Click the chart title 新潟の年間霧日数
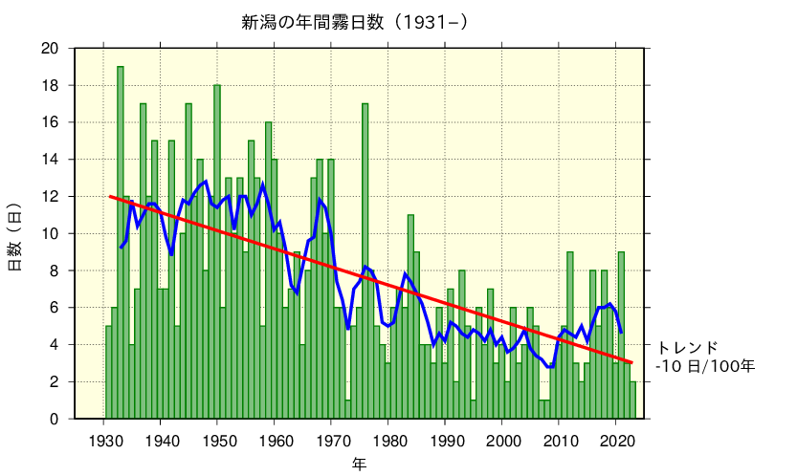click(355, 21)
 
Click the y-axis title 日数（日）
click(15, 235)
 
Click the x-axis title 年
click(358, 464)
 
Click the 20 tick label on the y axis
click(51, 49)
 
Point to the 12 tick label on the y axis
click(51, 197)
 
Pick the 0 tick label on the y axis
click(55, 419)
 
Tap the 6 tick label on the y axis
click(55, 308)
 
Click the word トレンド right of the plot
click(686, 347)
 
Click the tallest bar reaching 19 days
click(121, 239)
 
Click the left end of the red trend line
click(110, 197)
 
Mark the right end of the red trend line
click(632, 362)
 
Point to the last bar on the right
click(632, 400)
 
